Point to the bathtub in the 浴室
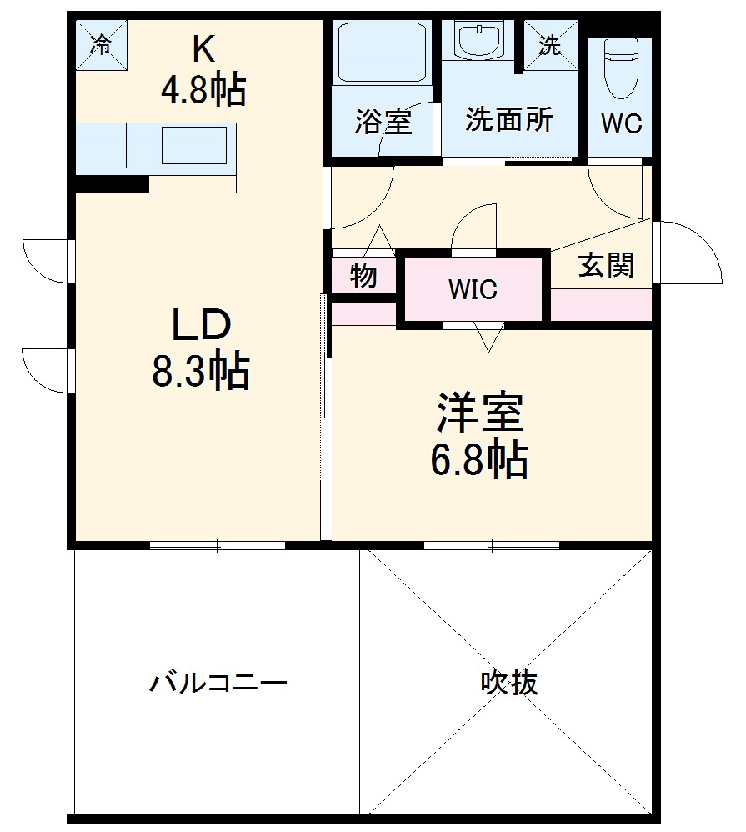pyautogui.click(x=381, y=52)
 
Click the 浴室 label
pyautogui.click(x=383, y=122)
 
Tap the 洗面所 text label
pyautogui.click(x=508, y=120)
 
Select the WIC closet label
pyautogui.click(x=473, y=289)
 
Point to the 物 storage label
pyautogui.click(x=363, y=276)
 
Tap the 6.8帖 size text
pyautogui.click(x=478, y=459)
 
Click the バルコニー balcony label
pyautogui.click(x=218, y=684)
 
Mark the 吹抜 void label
pyautogui.click(x=508, y=684)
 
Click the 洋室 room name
pyautogui.click(x=478, y=413)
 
